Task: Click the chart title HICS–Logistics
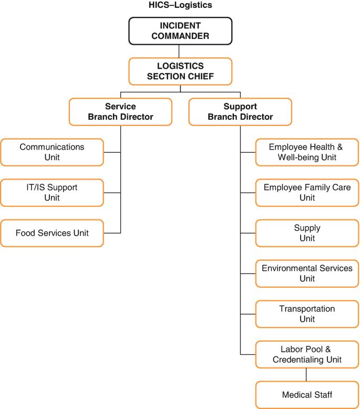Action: (x=180, y=5)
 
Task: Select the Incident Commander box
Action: (x=180, y=31)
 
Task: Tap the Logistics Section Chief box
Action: (x=180, y=71)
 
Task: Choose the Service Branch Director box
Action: (x=120, y=112)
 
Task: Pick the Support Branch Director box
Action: (x=240, y=112)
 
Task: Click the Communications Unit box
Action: (x=52, y=152)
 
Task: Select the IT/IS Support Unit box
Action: (x=52, y=193)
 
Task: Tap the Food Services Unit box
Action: (x=52, y=233)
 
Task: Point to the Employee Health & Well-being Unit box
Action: (x=307, y=152)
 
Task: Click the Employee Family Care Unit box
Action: (x=307, y=193)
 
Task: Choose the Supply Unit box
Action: (x=307, y=233)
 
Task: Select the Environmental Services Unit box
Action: (x=307, y=274)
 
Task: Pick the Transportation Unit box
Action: (x=307, y=314)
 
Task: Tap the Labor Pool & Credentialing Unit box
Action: (x=307, y=354)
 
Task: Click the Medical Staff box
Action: (x=307, y=395)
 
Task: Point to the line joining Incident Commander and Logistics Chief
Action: (x=179, y=51)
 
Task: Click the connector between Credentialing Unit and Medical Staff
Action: (x=306, y=374)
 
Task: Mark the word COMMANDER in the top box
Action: (x=180, y=36)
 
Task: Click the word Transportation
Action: (x=307, y=309)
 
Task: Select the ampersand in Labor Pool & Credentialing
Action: (x=328, y=349)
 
